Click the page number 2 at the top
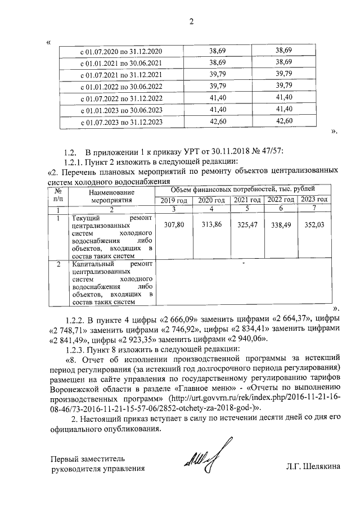(x=190, y=22)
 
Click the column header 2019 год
(x=173, y=200)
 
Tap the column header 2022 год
(x=280, y=200)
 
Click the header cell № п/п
(x=58, y=195)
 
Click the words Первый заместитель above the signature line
(x=84, y=458)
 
